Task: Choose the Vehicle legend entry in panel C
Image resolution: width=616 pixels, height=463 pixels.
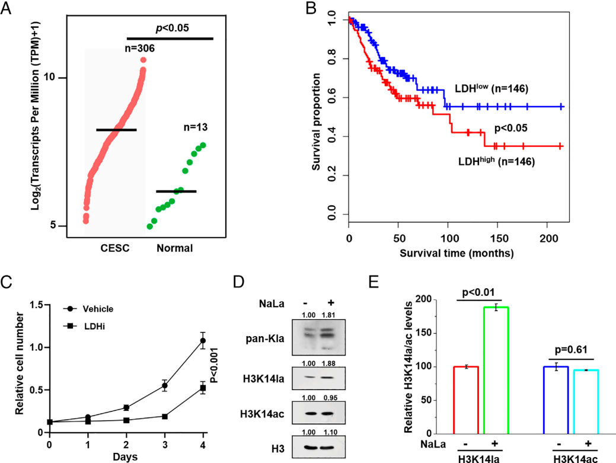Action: [95, 308]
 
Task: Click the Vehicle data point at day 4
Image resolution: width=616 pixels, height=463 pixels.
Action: [202, 340]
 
